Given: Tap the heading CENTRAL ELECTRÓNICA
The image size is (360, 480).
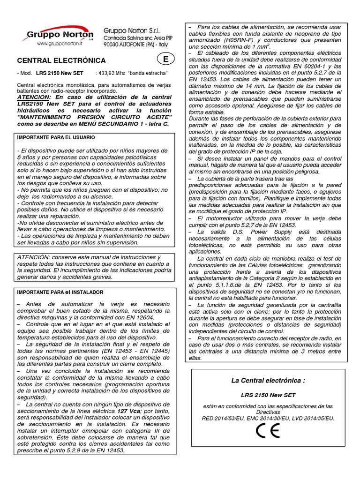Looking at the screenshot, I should pos(61,60).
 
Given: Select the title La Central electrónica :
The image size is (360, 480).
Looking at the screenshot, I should pos(268,380).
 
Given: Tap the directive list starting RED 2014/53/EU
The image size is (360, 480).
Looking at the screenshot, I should pos(268,418).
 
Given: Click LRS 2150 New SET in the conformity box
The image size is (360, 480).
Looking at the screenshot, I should pos(268,395).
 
